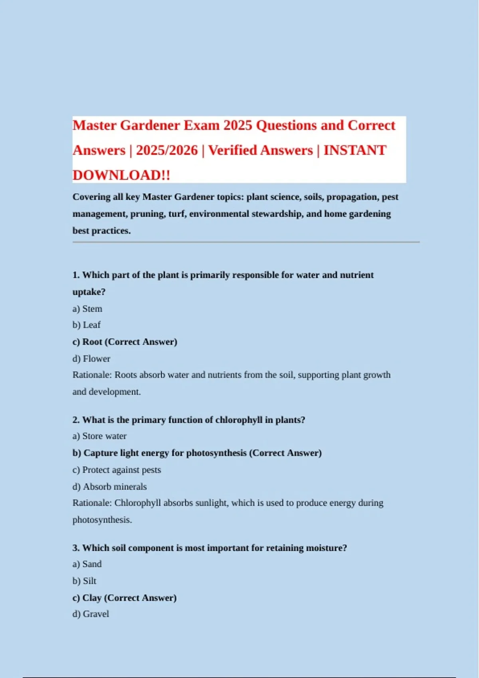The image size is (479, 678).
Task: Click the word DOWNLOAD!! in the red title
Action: tap(121, 175)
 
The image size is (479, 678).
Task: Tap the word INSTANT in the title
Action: tap(354, 150)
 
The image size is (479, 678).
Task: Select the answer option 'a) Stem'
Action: tap(87, 309)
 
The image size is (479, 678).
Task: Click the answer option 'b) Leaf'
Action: tap(87, 325)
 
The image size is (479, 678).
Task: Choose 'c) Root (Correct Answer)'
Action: tap(125, 342)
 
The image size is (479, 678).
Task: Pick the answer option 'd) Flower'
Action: tap(91, 359)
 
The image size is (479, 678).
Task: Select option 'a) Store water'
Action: tap(99, 436)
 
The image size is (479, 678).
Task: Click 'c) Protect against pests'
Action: tap(117, 470)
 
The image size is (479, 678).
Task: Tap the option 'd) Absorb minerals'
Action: tap(109, 487)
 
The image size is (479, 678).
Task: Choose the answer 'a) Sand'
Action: tap(87, 564)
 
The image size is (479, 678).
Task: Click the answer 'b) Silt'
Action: tap(84, 581)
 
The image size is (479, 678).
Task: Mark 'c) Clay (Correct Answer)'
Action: tap(124, 598)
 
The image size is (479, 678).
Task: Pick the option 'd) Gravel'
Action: tap(91, 614)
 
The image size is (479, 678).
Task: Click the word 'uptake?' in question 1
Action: tap(89, 292)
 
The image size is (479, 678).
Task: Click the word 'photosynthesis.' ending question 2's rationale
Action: tap(102, 520)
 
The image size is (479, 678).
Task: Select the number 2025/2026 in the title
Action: tap(167, 150)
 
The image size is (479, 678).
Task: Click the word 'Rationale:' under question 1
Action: tap(92, 375)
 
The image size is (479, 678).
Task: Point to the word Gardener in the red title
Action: tap(150, 125)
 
